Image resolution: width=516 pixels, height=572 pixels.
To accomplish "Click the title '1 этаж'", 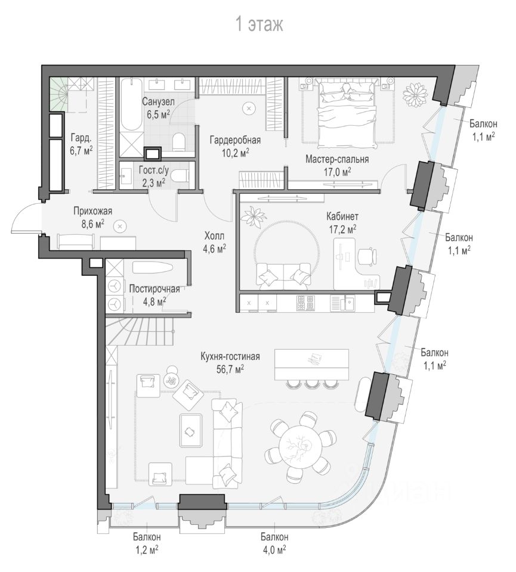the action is (258, 24).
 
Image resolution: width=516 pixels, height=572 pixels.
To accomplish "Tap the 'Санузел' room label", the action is (158, 102).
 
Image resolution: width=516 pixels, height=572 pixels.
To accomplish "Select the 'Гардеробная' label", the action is (235, 140).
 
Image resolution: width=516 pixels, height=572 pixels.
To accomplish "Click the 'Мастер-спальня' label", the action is (337, 159).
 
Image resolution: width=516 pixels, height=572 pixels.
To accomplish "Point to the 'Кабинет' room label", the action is (341, 216).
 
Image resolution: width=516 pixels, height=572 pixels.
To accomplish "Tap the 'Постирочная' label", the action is (155, 289).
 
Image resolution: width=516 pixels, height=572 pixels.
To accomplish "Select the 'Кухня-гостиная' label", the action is (230, 357).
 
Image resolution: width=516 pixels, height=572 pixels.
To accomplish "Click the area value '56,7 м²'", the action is (230, 369).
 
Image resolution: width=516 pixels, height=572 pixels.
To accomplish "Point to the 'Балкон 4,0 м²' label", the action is (274, 543).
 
